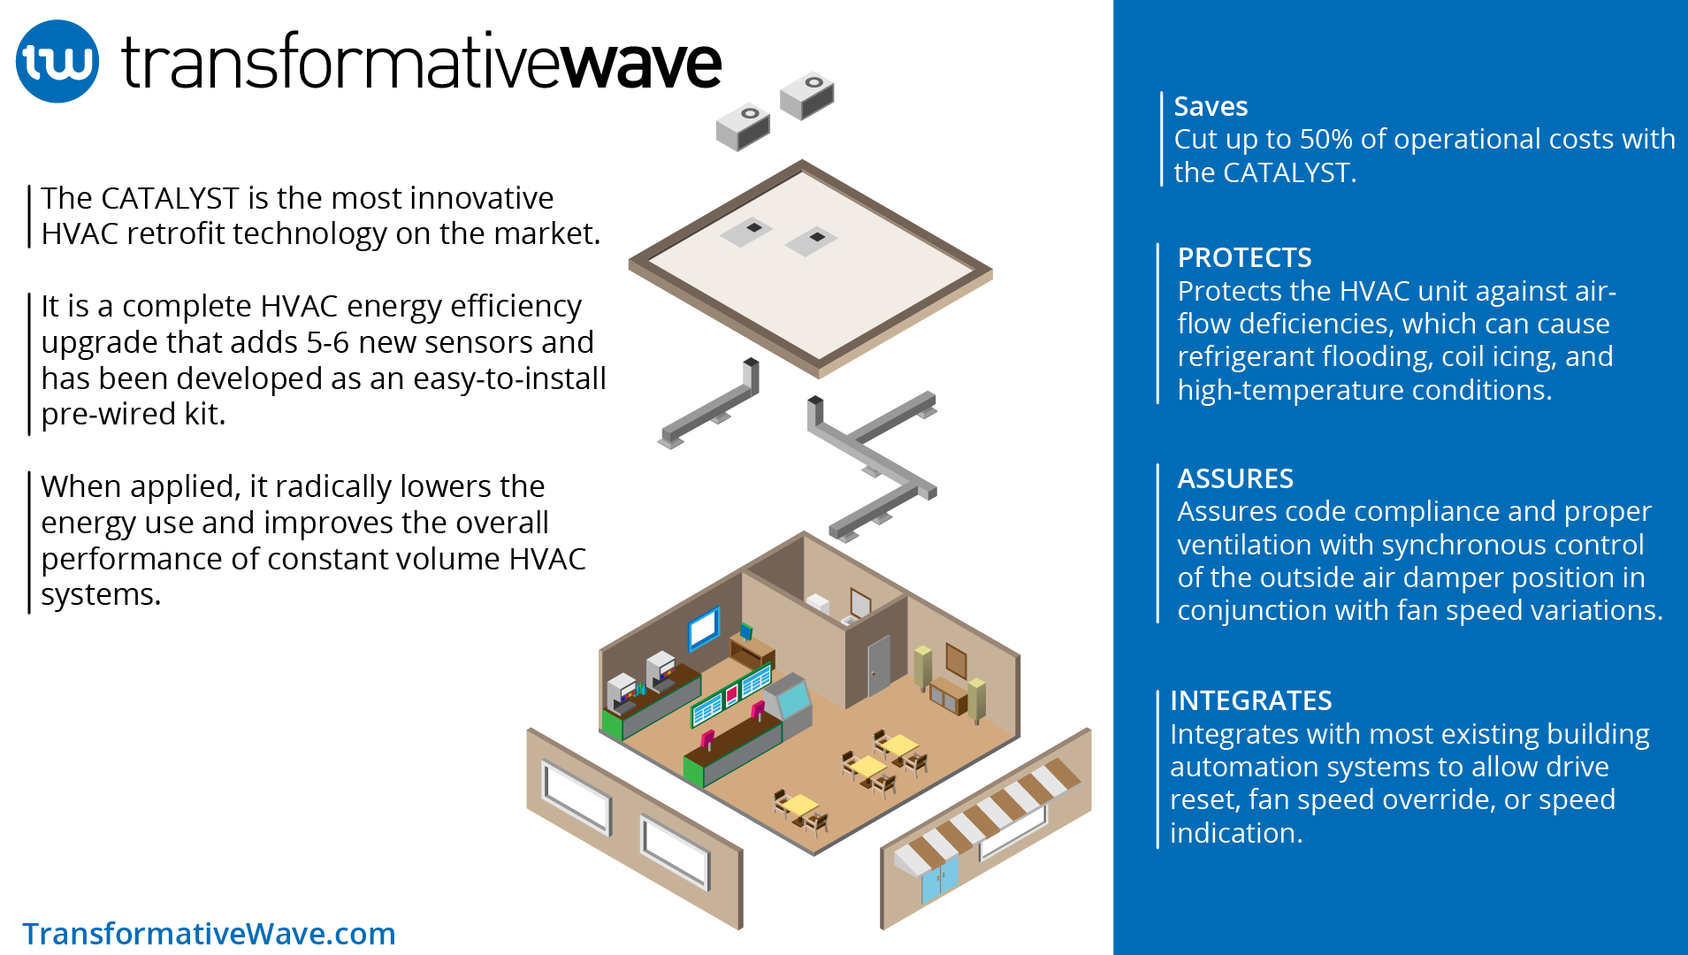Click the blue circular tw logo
coord(57,62)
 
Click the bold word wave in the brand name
coord(641,64)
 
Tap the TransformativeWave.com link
coord(209,933)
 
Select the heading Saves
coord(1211,106)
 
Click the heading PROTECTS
coord(1244,257)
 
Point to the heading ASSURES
coord(1234,478)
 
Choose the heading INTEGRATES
coord(1250,700)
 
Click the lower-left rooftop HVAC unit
coord(743,126)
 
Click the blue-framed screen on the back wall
coord(704,628)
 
